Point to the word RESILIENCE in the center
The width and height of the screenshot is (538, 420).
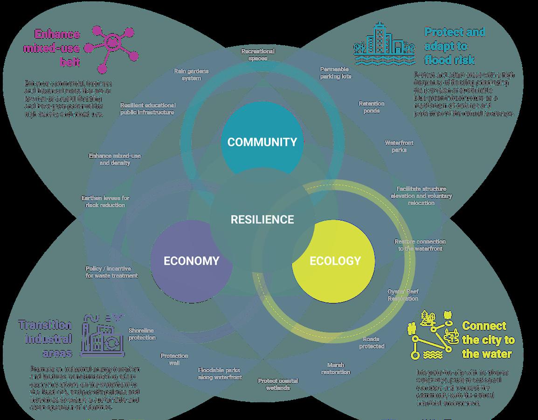[262, 220]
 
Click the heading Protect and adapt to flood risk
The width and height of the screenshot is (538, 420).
[454, 46]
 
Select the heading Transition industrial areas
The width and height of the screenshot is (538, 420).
[46, 338]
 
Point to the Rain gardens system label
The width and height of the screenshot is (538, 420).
[191, 75]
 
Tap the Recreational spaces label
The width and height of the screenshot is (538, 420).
[258, 55]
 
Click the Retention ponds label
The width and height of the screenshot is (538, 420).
[372, 107]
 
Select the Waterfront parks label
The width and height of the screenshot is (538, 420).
[399, 146]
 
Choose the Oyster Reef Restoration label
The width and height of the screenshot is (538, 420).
[403, 295]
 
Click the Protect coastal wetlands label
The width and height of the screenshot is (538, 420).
[278, 384]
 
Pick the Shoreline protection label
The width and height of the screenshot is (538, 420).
[142, 334]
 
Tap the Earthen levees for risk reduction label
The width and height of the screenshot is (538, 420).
[105, 201]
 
